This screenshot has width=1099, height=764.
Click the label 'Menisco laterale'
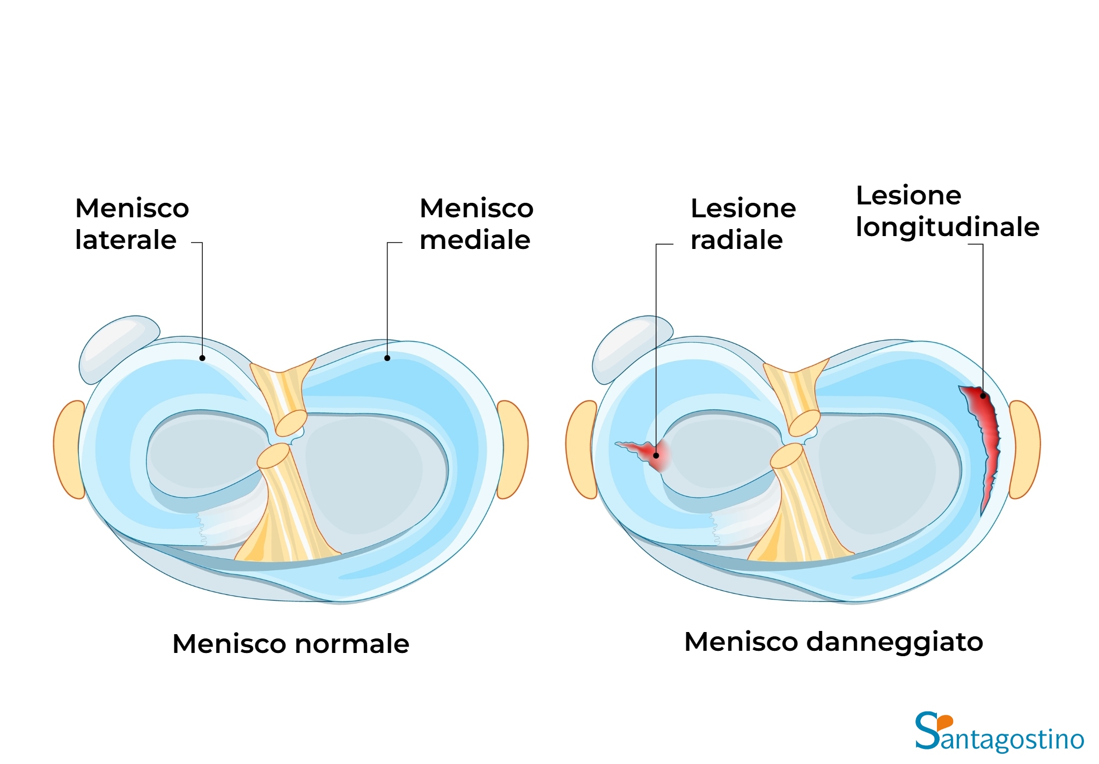tap(132, 224)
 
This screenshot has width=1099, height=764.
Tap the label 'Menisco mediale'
tap(477, 224)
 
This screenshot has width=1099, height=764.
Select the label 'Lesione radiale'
tap(743, 224)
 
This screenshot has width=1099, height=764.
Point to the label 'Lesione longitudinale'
tap(948, 211)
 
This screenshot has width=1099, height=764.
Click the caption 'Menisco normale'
tap(291, 643)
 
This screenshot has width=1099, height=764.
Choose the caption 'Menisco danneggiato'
tap(834, 642)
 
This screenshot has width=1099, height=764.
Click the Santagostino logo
tap(1000, 732)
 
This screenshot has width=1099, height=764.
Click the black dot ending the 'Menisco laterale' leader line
tap(202, 358)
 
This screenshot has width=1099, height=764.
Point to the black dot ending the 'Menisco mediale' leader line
tap(387, 358)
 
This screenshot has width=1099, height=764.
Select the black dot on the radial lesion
tap(656, 456)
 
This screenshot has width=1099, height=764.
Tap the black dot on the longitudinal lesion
tap(983, 396)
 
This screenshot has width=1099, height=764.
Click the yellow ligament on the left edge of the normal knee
tap(69, 450)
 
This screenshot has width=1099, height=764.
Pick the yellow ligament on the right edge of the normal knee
tap(513, 450)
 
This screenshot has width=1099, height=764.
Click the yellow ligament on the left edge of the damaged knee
tap(581, 450)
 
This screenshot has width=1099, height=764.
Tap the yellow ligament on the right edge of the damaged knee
tap(1025, 450)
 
